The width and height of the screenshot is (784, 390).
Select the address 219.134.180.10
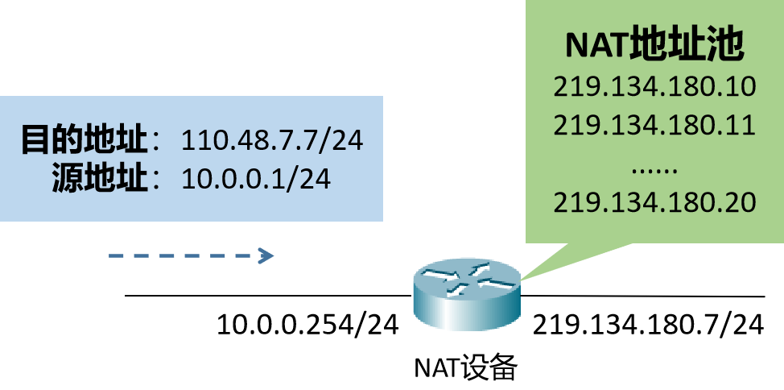[654, 86]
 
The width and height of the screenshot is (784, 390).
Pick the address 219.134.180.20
[654, 202]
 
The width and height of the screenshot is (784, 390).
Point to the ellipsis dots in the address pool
[654, 170]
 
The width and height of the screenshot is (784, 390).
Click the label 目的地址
[85, 141]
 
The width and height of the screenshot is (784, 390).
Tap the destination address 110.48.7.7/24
[272, 141]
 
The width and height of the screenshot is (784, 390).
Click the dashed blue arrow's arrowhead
[267, 256]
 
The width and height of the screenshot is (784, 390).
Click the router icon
[466, 295]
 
